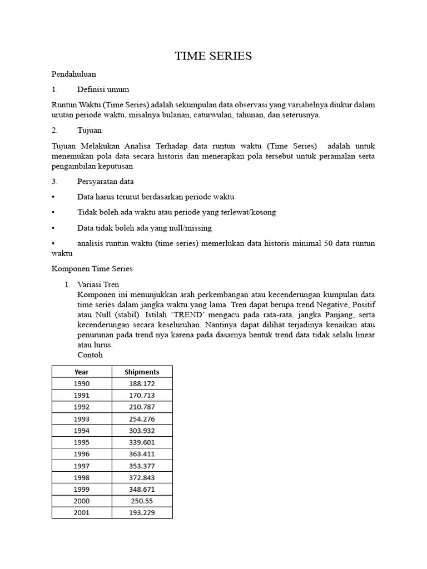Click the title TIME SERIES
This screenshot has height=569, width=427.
(x=213, y=56)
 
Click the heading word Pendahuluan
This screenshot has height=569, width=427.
(x=74, y=73)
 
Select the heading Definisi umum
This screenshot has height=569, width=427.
(x=103, y=89)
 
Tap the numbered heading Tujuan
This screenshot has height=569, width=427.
(x=90, y=130)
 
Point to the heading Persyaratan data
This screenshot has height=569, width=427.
(x=106, y=181)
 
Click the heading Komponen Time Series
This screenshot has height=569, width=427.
(x=92, y=268)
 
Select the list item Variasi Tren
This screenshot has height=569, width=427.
(x=99, y=284)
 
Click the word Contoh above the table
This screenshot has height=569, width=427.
(x=91, y=355)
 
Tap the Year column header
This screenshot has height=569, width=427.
(x=82, y=372)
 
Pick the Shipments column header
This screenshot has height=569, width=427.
(x=142, y=372)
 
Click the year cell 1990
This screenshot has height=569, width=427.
(x=82, y=383)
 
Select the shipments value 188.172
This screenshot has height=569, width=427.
(x=142, y=383)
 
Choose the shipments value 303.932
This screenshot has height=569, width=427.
(x=142, y=431)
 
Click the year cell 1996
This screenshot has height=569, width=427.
(x=82, y=454)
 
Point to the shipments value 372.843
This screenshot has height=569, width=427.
(x=142, y=477)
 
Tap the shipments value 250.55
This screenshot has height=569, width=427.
(x=142, y=501)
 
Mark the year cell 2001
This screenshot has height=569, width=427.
(x=82, y=512)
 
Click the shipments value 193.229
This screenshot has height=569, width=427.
(x=142, y=512)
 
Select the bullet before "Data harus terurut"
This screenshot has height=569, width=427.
(x=53, y=197)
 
